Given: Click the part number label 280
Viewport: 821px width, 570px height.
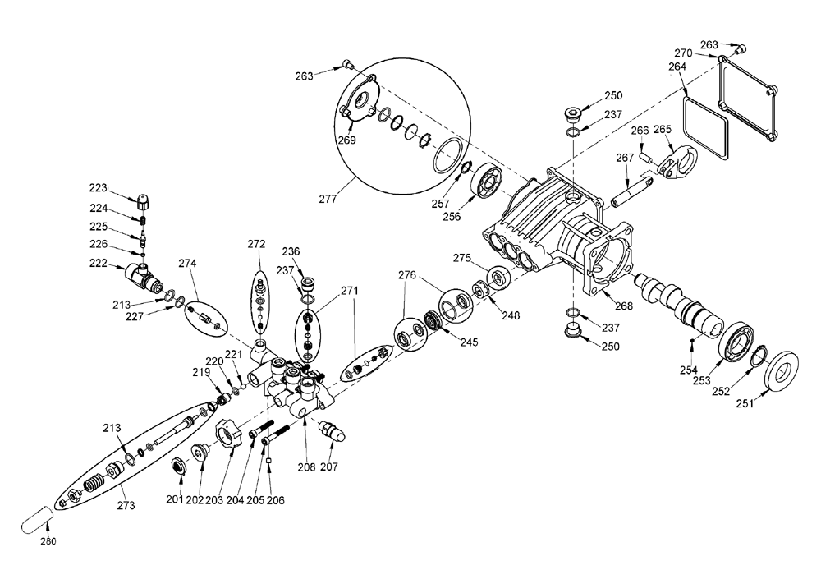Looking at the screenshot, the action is (48, 541).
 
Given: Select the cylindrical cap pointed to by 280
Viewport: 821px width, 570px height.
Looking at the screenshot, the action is (37, 519).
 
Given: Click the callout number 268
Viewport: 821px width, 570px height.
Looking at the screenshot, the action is (624, 306).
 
